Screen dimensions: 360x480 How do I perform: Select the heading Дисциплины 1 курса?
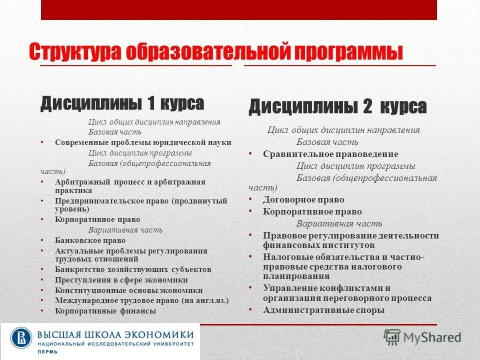point(122,103)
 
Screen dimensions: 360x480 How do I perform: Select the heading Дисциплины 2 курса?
point(337,106)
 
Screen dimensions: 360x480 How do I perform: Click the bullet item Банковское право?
point(90,240)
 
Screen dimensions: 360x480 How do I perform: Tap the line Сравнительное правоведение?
point(330,154)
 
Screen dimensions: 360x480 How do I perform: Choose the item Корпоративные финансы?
point(105,311)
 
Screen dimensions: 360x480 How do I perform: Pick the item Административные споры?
point(324,310)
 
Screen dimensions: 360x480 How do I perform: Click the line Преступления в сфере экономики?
point(121,280)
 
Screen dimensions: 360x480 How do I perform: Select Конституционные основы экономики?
point(129,290)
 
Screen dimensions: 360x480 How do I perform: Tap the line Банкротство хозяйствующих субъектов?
point(133,269)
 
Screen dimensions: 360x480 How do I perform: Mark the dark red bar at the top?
point(239,10)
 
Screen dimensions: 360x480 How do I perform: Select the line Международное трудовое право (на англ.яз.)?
point(141,300)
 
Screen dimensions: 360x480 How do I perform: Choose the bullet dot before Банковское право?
point(41,240)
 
